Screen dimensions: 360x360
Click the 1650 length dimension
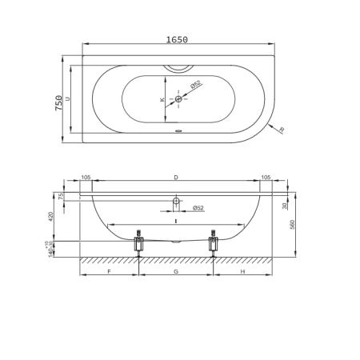177,40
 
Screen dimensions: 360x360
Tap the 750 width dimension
58,103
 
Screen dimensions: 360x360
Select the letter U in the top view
68,98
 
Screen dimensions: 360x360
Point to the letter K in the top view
162,100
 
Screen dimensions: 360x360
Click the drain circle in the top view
178,99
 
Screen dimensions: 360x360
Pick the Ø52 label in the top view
195,84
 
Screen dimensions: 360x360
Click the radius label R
282,130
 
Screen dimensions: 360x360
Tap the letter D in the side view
176,178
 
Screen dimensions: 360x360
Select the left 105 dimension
86,178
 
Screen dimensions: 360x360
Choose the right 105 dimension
266,178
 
